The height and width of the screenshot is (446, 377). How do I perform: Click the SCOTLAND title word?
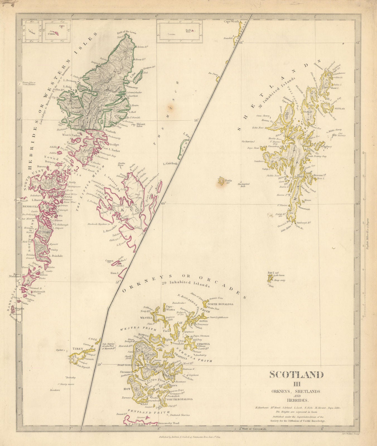tap(296, 375)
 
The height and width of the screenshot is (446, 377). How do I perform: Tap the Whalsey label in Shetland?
tap(326, 146)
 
